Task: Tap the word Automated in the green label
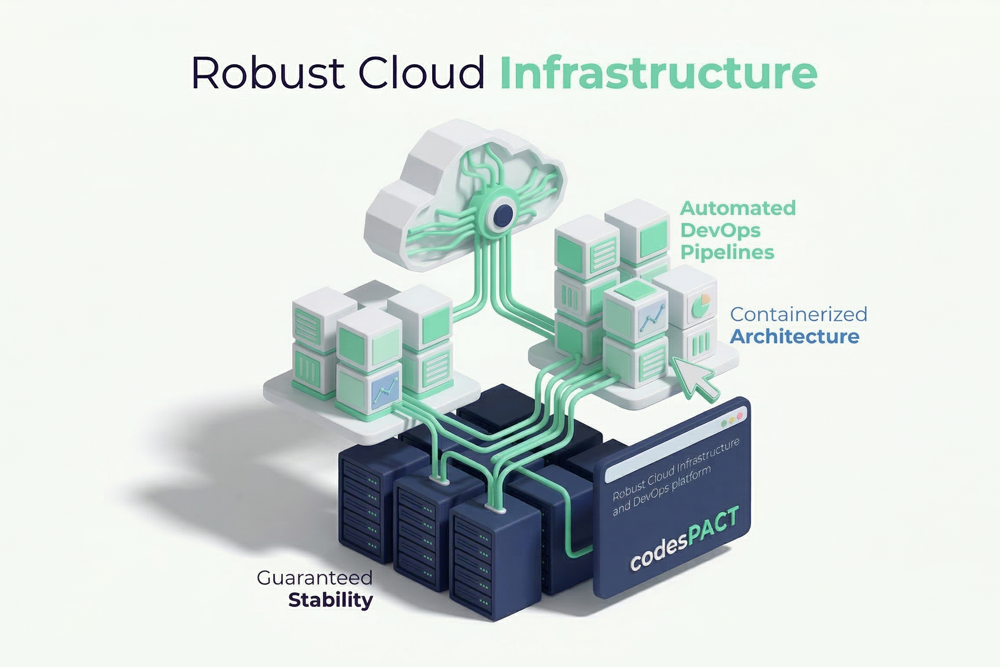coord(737,208)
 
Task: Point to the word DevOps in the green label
coord(720,230)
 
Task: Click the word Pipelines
coord(727,252)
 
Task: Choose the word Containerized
coord(798,314)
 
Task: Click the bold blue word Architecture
coord(794,337)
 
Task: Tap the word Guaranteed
coord(315,578)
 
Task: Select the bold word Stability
coord(330,601)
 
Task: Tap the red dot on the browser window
coord(740,416)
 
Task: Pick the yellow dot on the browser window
coord(732,420)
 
